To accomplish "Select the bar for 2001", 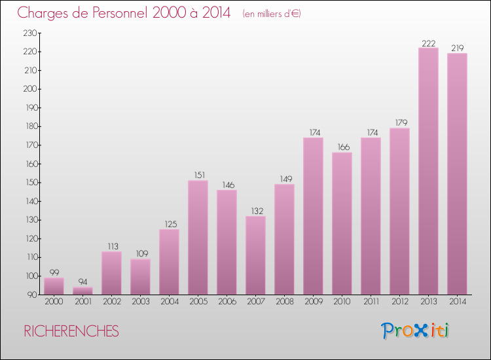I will [82, 291].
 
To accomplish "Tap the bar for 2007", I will [255, 255].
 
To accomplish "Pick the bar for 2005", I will [198, 238].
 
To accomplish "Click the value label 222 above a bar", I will [428, 43].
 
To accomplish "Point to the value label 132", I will [255, 211].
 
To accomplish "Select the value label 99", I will [54, 273].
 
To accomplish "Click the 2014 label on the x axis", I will [457, 302].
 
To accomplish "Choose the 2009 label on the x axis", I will [313, 302].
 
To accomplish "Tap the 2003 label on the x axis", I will [140, 302].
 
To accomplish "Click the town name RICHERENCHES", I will [71, 331].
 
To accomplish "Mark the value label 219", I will [457, 48].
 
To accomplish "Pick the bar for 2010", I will [342, 223].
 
